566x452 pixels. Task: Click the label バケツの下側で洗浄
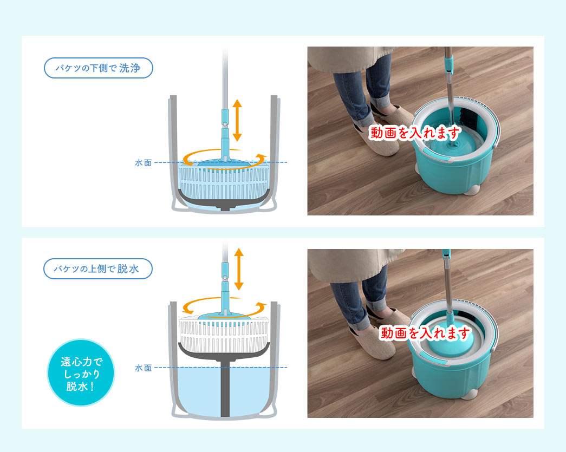pos(98,68)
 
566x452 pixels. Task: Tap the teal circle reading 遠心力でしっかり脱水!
pos(81,372)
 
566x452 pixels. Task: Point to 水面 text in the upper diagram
pos(144,163)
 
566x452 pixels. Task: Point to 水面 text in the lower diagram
pos(144,368)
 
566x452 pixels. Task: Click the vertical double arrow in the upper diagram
pos(237,121)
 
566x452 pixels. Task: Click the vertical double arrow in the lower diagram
pos(239,269)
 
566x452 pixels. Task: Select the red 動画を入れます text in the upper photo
pos(415,133)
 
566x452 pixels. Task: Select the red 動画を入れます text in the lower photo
pos(425,332)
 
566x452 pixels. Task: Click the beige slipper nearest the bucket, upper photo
pos(392,115)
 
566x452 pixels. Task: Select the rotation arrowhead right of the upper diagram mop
pos(261,158)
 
